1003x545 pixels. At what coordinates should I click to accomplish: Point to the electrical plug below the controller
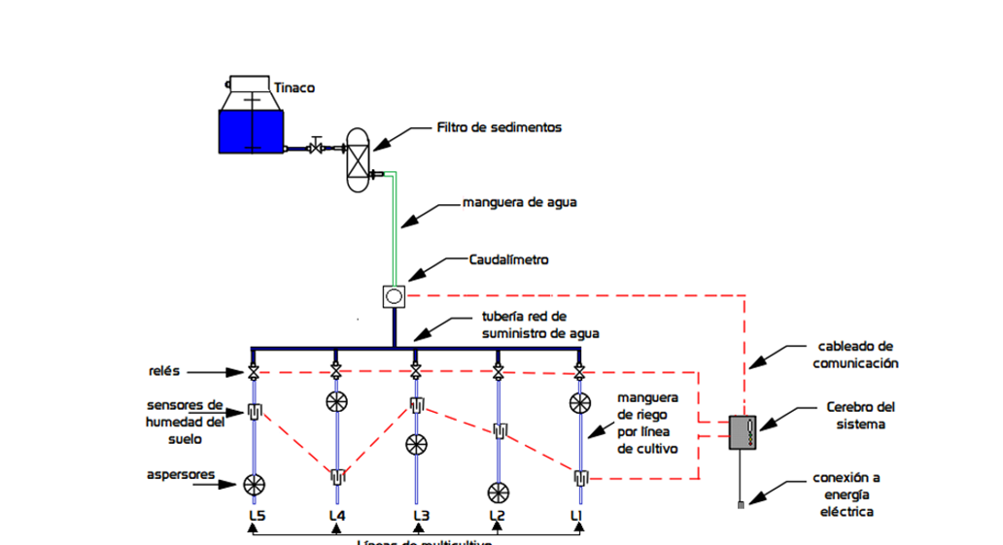742,503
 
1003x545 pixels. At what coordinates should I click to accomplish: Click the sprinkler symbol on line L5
255,483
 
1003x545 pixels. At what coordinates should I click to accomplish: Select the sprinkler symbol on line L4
336,401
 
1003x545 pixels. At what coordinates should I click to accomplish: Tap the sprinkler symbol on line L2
499,492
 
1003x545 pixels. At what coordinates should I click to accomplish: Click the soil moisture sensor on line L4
336,476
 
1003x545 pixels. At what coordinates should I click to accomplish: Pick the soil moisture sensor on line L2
499,430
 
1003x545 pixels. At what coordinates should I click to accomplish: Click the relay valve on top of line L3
416,372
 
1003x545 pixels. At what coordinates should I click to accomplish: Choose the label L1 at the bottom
578,515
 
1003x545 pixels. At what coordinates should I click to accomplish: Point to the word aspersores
180,475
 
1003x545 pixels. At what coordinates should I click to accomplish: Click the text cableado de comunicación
854,355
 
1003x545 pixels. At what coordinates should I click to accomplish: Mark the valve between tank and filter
316,148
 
